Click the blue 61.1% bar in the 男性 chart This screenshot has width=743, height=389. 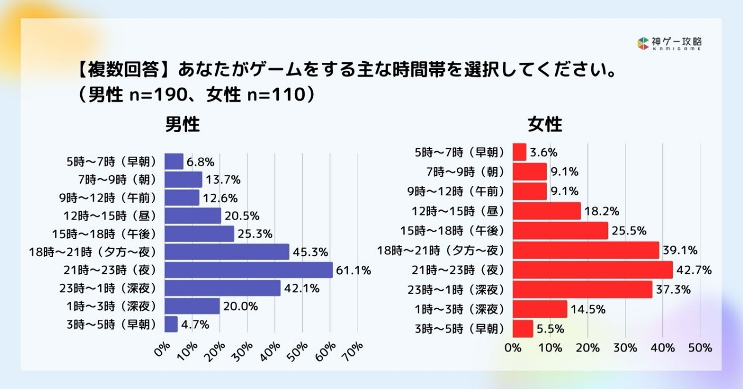tap(248, 270)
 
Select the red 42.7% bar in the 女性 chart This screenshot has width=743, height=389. tap(592, 270)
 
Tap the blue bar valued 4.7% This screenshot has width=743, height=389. tap(171, 324)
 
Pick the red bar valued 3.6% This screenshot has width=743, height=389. tap(519, 152)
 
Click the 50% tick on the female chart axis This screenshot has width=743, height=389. tap(700, 348)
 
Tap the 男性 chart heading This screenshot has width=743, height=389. tap(182, 125)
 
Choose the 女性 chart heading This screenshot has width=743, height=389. tap(545, 125)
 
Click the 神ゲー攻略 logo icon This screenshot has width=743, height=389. tap(642, 43)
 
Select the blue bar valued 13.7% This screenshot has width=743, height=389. tap(183, 179)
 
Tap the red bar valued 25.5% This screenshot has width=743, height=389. tap(560, 231)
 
